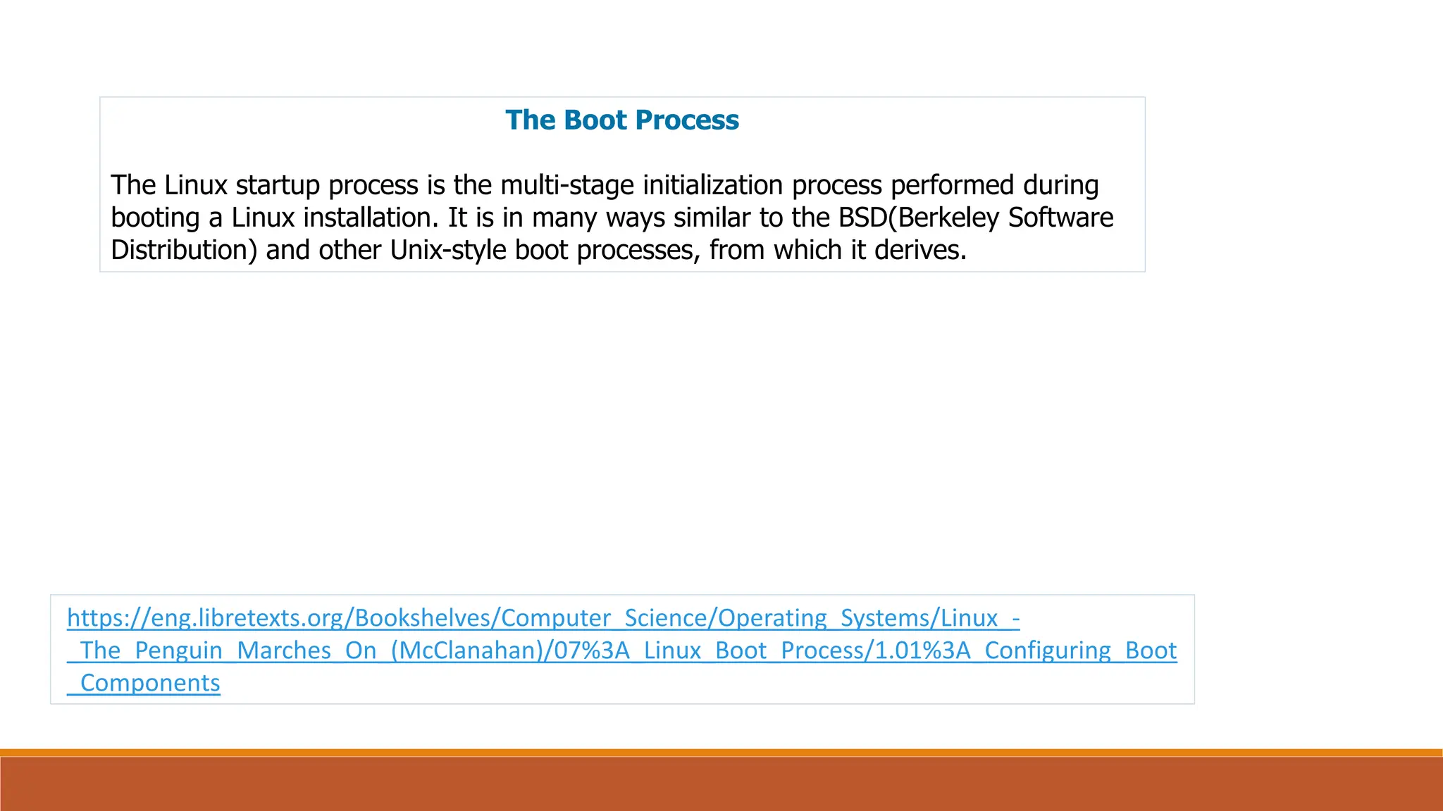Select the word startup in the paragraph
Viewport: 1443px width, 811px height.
[278, 186]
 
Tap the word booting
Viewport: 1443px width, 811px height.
[156, 218]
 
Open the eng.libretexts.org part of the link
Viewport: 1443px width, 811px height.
[247, 618]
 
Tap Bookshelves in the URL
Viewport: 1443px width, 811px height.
[423, 618]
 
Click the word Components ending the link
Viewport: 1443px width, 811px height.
[150, 683]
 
